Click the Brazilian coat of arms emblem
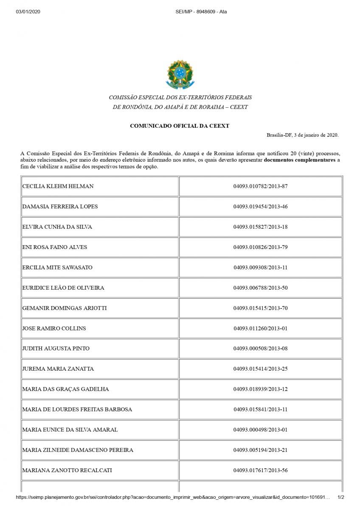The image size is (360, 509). point(180,75)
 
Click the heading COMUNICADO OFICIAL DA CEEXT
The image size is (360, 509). point(180,126)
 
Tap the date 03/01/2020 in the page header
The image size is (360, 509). point(28,11)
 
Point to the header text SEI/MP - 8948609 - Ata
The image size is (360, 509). point(201,11)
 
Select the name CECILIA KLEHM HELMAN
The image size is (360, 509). point(58,186)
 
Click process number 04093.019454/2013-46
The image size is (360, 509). point(260,207)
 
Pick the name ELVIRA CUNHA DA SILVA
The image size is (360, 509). point(57,227)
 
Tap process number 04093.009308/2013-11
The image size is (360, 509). point(260,268)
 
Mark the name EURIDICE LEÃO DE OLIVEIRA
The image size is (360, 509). point(63,288)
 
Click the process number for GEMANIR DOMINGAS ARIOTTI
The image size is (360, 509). point(260,308)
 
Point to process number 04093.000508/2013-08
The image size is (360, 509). point(260,349)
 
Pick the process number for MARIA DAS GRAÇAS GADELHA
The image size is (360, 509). point(260,389)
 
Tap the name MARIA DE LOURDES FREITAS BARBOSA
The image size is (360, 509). point(77,409)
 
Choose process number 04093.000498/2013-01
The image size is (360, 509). point(260,430)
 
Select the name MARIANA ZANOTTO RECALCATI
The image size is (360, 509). point(67,470)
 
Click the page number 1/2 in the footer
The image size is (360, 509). point(340,497)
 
